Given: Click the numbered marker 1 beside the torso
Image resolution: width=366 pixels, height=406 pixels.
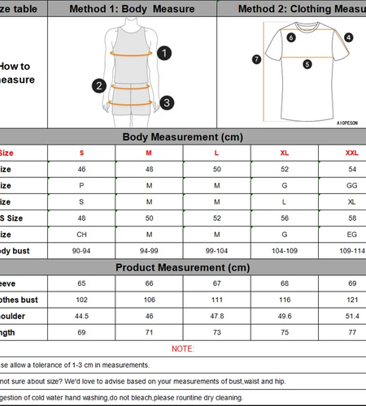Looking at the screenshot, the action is click(164, 54).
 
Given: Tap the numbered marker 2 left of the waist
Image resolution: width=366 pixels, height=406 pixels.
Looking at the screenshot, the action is click(99, 85).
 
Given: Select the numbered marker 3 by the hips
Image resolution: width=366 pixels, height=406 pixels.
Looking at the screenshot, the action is click(166, 102).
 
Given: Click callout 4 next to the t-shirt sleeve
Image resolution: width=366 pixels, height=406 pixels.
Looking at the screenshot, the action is click(348, 37).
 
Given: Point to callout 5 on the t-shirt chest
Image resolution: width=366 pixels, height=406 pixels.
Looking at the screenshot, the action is click(307, 64).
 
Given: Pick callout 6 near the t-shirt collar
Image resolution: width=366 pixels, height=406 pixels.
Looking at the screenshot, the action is click(291, 37).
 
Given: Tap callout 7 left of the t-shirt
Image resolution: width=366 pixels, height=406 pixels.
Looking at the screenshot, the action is click(256, 58).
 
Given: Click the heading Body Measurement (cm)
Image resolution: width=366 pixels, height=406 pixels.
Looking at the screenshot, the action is click(182, 137).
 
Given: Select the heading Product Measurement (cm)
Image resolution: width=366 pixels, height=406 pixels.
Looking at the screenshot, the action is click(182, 267).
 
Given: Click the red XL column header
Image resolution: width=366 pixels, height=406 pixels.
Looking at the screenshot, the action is click(284, 153).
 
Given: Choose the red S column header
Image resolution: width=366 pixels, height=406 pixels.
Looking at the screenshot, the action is click(81, 153).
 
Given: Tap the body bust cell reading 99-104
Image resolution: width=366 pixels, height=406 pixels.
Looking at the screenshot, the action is click(217, 251).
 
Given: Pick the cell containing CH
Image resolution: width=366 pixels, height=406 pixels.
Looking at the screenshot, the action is click(81, 235).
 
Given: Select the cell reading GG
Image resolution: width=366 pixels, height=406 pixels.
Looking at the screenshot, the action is click(351, 185).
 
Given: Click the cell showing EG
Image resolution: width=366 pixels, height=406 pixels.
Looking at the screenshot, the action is click(351, 235).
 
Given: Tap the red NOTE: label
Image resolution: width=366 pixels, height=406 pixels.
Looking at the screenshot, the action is click(183, 348).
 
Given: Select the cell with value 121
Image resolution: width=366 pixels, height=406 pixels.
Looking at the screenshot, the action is click(351, 300).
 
